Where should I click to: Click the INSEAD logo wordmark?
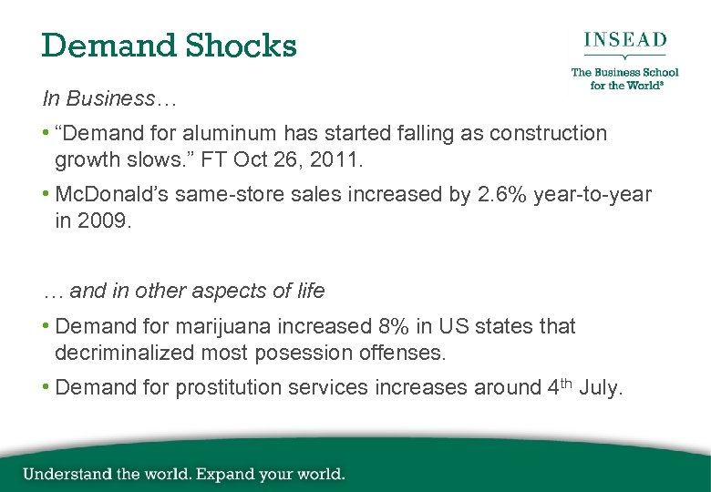(x=624, y=40)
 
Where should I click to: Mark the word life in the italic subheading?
(x=309, y=291)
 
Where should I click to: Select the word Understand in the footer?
(x=68, y=474)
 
